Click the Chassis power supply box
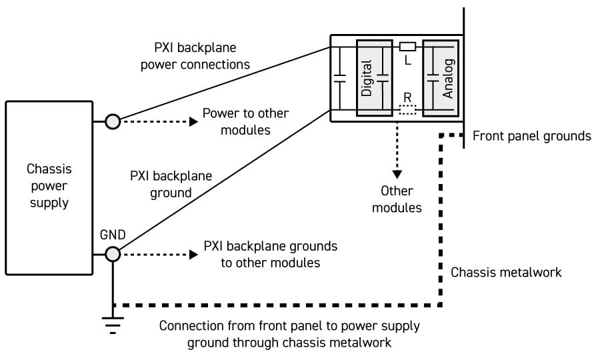pyautogui.click(x=49, y=187)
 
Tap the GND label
pyautogui.click(x=113, y=235)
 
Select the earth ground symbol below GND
pyautogui.click(x=113, y=323)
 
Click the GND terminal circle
pyautogui.click(x=113, y=254)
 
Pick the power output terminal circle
pyautogui.click(x=113, y=122)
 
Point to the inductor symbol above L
pyautogui.click(x=407, y=47)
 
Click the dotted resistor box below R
pyautogui.click(x=407, y=110)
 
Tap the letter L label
pyautogui.click(x=407, y=60)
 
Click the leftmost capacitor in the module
pyautogui.click(x=340, y=79)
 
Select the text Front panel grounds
pyautogui.click(x=531, y=136)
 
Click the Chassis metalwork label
pyautogui.click(x=506, y=272)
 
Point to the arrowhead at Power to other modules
pyautogui.click(x=193, y=122)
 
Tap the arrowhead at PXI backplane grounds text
pyautogui.click(x=193, y=254)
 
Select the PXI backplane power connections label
pyautogui.click(x=201, y=57)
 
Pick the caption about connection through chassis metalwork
pyautogui.click(x=289, y=335)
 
